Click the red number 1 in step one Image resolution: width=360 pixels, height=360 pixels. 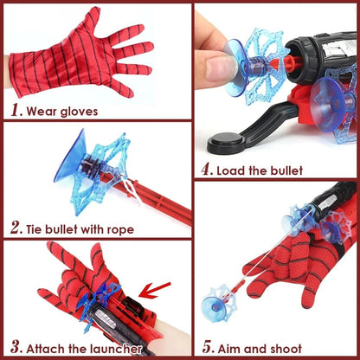[x=15, y=110]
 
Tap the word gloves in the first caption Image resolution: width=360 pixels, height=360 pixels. [x=83, y=111]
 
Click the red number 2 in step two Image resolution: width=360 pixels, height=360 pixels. [x=16, y=228]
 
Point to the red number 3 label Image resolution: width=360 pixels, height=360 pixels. [x=15, y=348]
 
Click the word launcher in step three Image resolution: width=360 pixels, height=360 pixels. [x=112, y=349]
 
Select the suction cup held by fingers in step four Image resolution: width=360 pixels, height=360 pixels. [x=231, y=58]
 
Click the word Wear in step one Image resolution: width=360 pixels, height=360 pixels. [x=42, y=111]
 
